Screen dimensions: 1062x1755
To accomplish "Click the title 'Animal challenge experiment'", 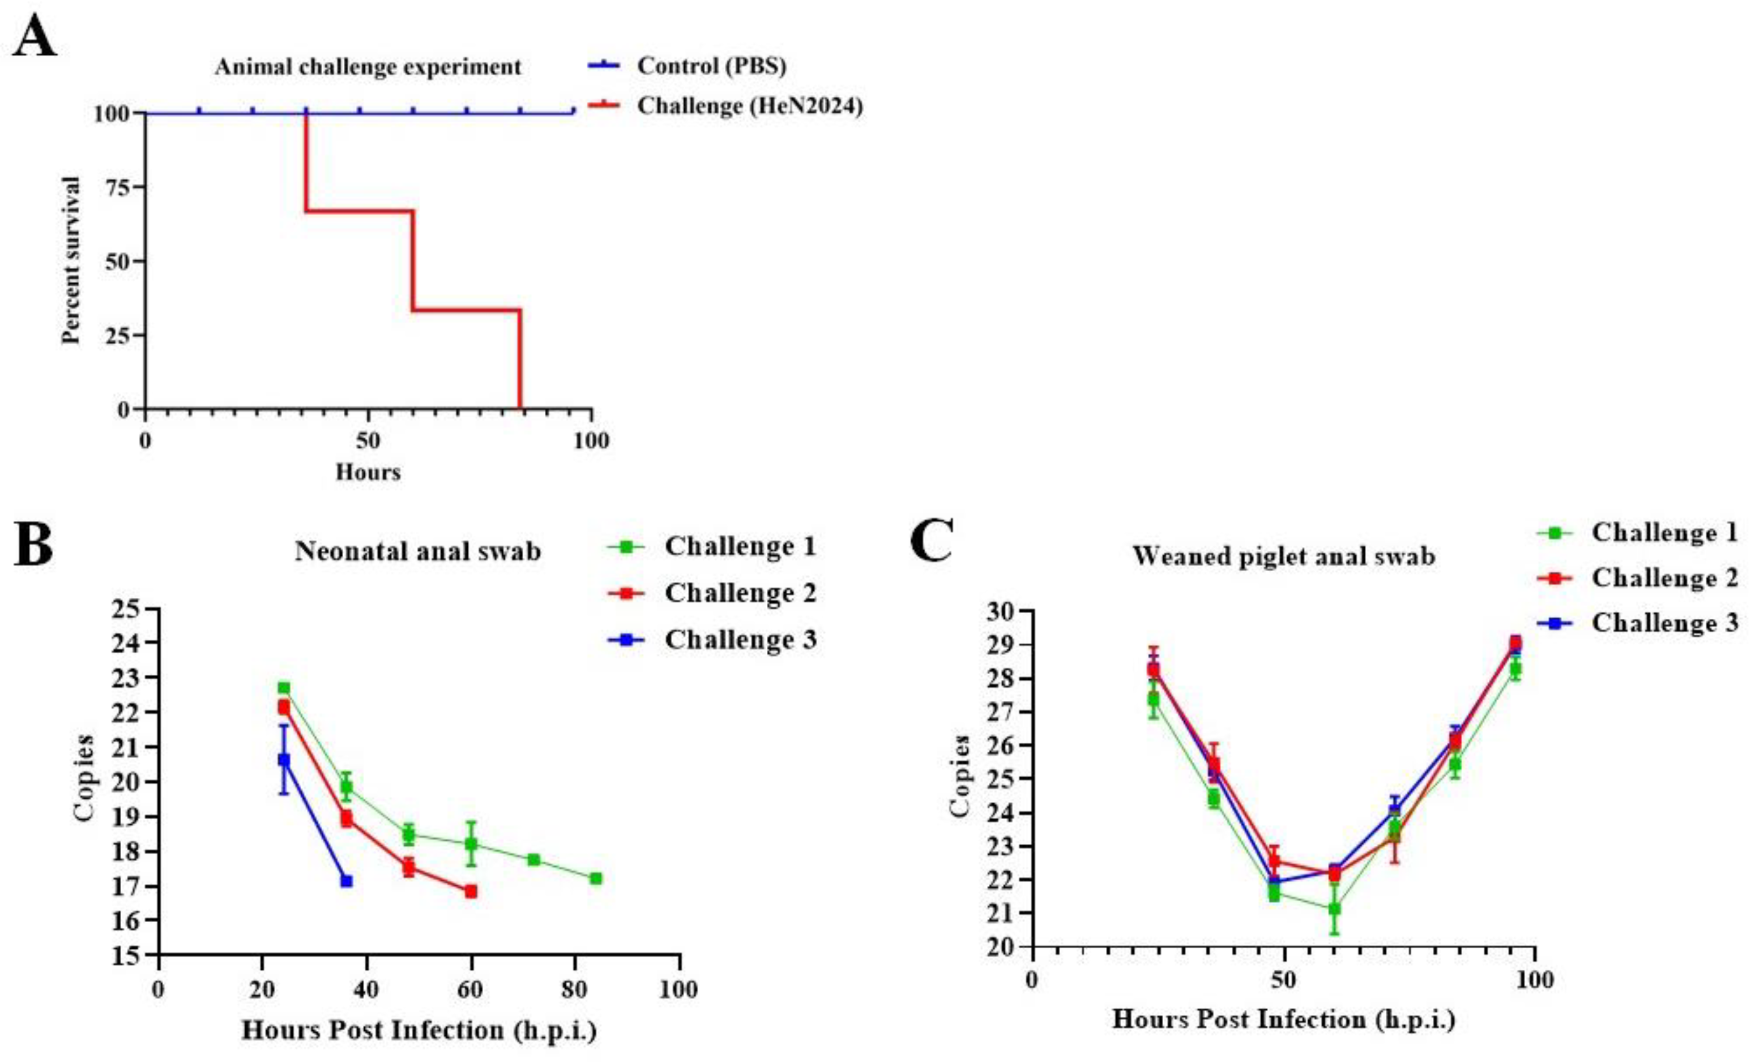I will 368,67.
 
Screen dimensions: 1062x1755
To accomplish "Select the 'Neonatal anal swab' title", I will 418,551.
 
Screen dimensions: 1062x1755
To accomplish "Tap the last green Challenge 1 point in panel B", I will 595,879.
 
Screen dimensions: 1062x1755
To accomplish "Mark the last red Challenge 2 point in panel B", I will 470,891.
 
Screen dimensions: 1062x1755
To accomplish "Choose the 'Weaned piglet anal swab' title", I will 1283,556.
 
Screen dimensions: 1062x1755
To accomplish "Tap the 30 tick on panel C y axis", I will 1000,611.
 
